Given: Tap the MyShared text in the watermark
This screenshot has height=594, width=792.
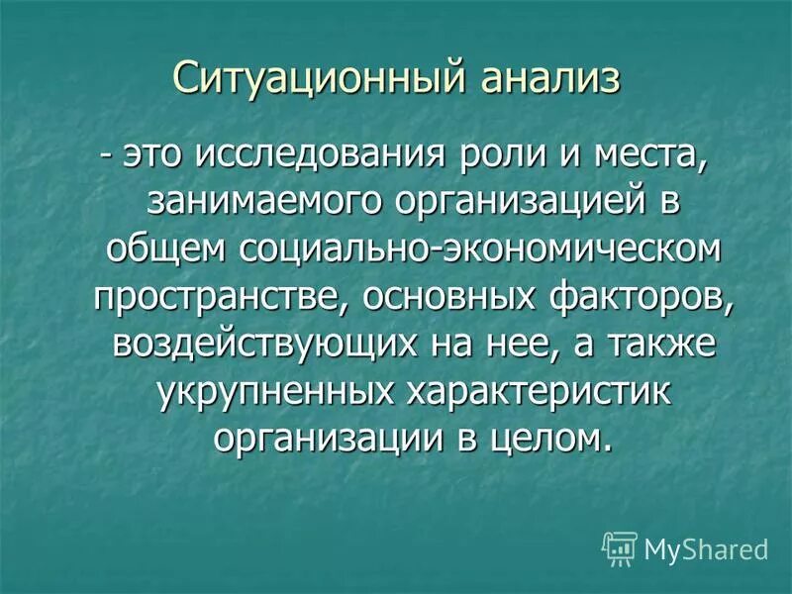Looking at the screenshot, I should [x=706, y=548].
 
